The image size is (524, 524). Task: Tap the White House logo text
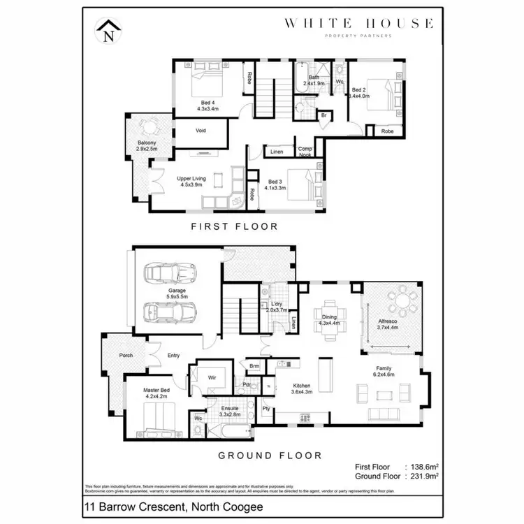pyautogui.click(x=358, y=23)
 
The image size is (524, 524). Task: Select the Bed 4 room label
pyautogui.click(x=208, y=105)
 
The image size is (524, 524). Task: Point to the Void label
pyautogui.click(x=201, y=131)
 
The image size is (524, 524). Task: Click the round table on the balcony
pyautogui.click(x=147, y=126)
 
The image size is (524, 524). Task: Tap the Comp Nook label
pyautogui.click(x=305, y=152)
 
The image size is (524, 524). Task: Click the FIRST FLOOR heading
pyautogui.click(x=234, y=226)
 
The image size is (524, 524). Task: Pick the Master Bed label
pyautogui.click(x=156, y=393)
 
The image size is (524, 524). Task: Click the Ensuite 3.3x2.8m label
pyautogui.click(x=230, y=411)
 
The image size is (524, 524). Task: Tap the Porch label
pyautogui.click(x=126, y=356)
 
